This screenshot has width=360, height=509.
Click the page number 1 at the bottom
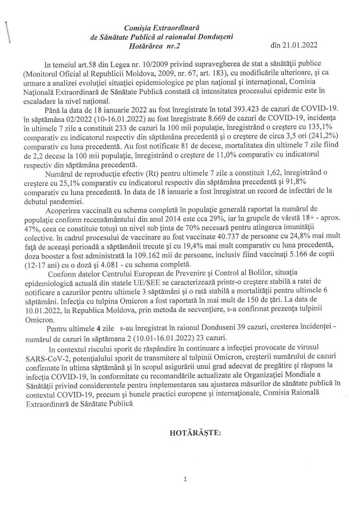[x=184, y=480]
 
